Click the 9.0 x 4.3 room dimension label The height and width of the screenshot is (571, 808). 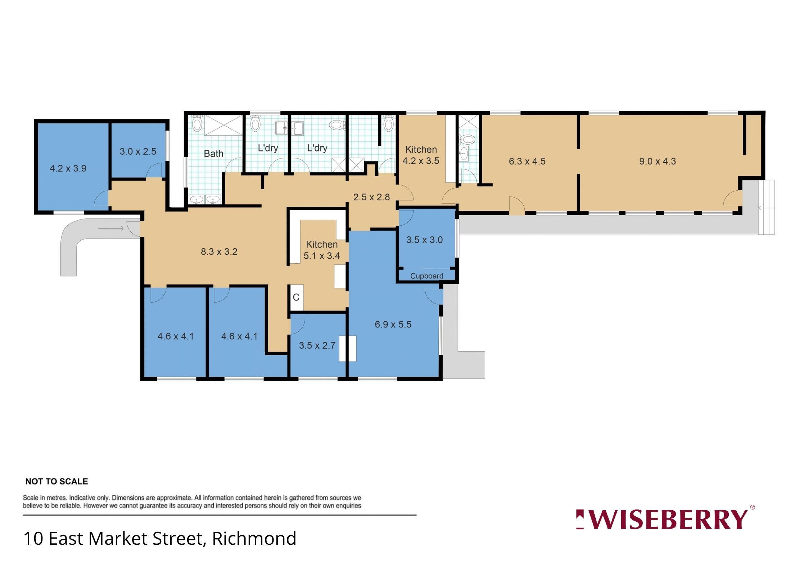pos(658,161)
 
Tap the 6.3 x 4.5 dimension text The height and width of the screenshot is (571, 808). pos(527,161)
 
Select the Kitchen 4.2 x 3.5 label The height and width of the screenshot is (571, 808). pos(421,155)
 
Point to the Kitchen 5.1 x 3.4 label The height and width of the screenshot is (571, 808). pos(322,250)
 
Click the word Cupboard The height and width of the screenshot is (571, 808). pos(427,276)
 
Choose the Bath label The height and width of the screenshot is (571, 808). pos(213,154)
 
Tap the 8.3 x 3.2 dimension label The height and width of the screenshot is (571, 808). pos(219,251)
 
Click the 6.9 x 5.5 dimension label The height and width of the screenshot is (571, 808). pos(393,324)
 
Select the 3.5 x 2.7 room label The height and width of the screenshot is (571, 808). pos(317,345)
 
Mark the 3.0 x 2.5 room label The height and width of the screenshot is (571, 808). pos(138,151)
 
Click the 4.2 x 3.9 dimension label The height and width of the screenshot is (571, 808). pos(68,168)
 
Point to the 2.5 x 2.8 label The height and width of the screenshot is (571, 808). pos(371,197)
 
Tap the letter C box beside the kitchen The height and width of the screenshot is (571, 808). pos(297,297)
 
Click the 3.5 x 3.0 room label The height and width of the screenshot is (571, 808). pos(424,240)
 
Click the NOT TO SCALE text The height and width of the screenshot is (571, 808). pos(57,481)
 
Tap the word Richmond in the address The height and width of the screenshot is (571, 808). pos(254,539)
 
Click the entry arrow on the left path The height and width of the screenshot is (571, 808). pos(111,228)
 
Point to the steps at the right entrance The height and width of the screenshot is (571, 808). pos(766,207)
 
